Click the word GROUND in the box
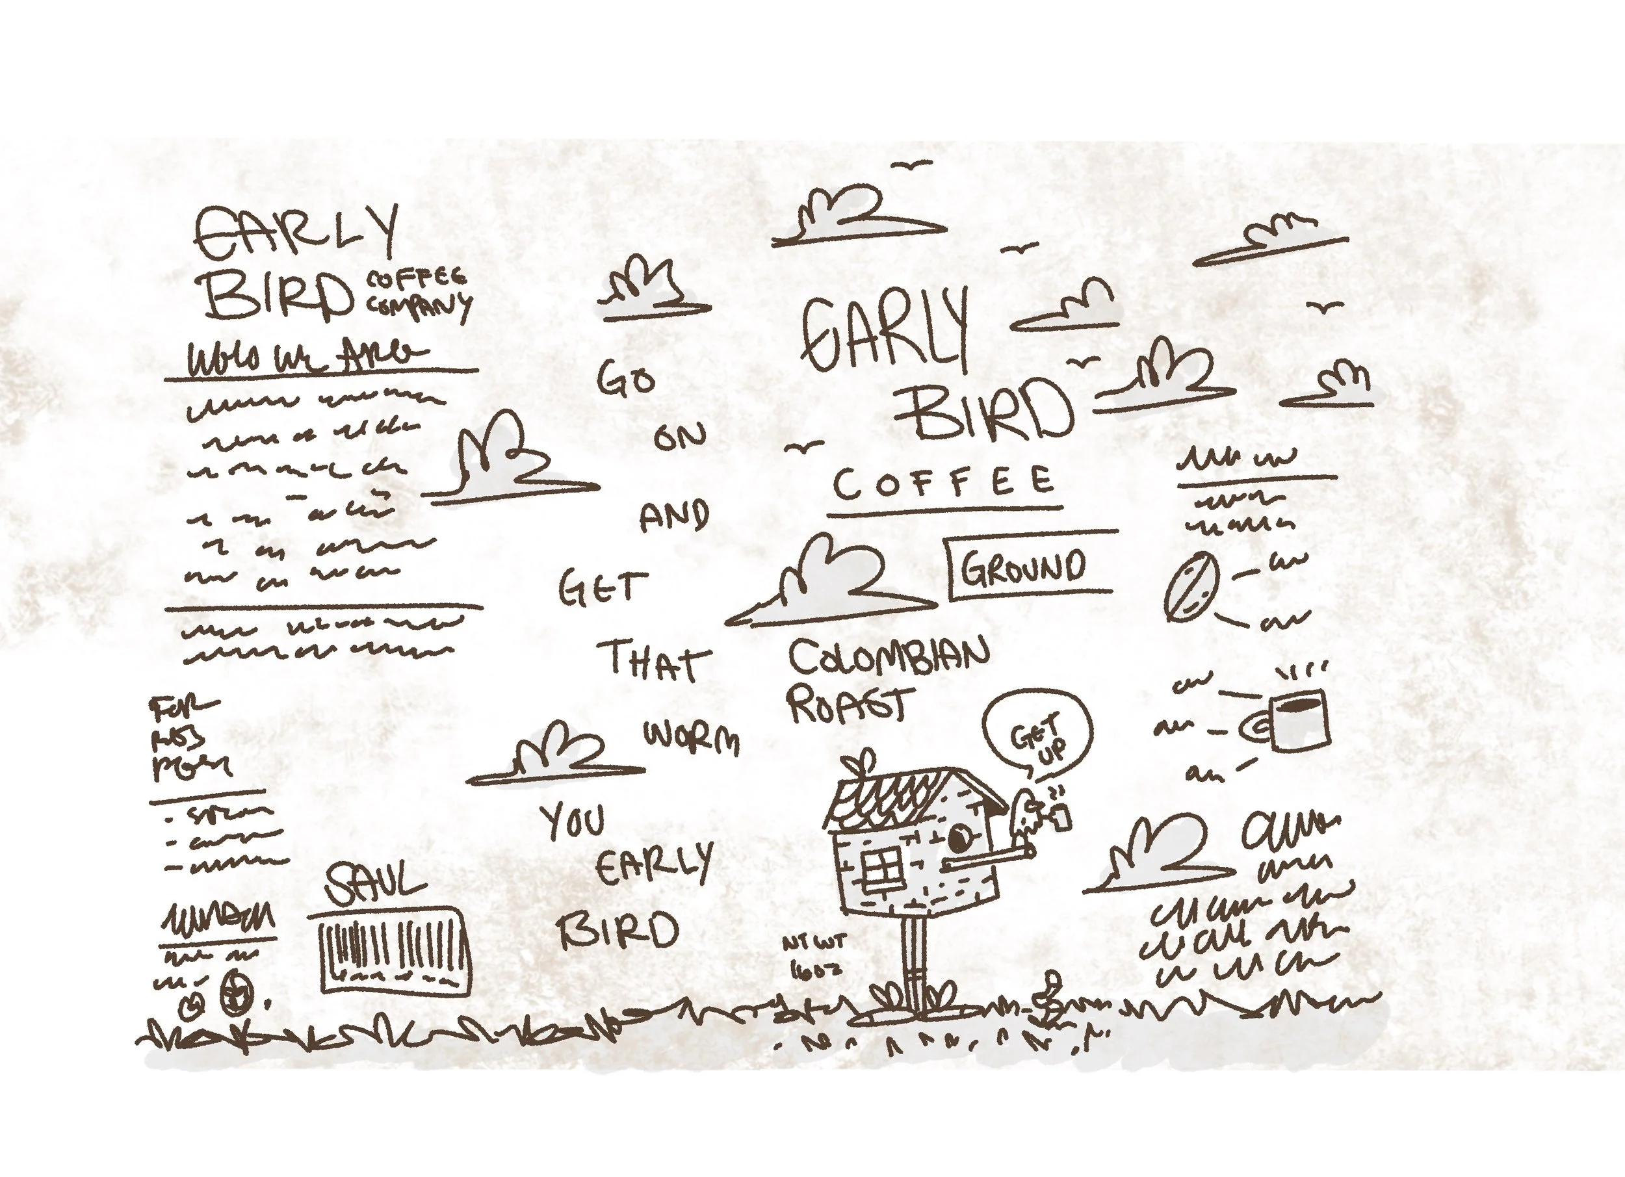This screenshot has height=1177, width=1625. pos(1022,568)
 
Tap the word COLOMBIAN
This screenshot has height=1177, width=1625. pos(889,656)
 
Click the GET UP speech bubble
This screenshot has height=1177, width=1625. pos(1037,734)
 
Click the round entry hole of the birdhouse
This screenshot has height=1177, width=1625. pos(960,834)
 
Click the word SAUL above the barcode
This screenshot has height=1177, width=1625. pos(374,883)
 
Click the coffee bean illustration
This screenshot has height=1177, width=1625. pos(1191,587)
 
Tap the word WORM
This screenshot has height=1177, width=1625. pos(692,736)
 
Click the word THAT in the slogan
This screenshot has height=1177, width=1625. pos(653,660)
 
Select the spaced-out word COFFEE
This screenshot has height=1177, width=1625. pos(944,482)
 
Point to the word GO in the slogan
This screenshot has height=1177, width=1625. pos(625,378)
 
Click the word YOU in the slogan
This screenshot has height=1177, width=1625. pos(573,821)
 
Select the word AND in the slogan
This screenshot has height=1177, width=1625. pos(673,516)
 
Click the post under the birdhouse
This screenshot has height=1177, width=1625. pos(913,964)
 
